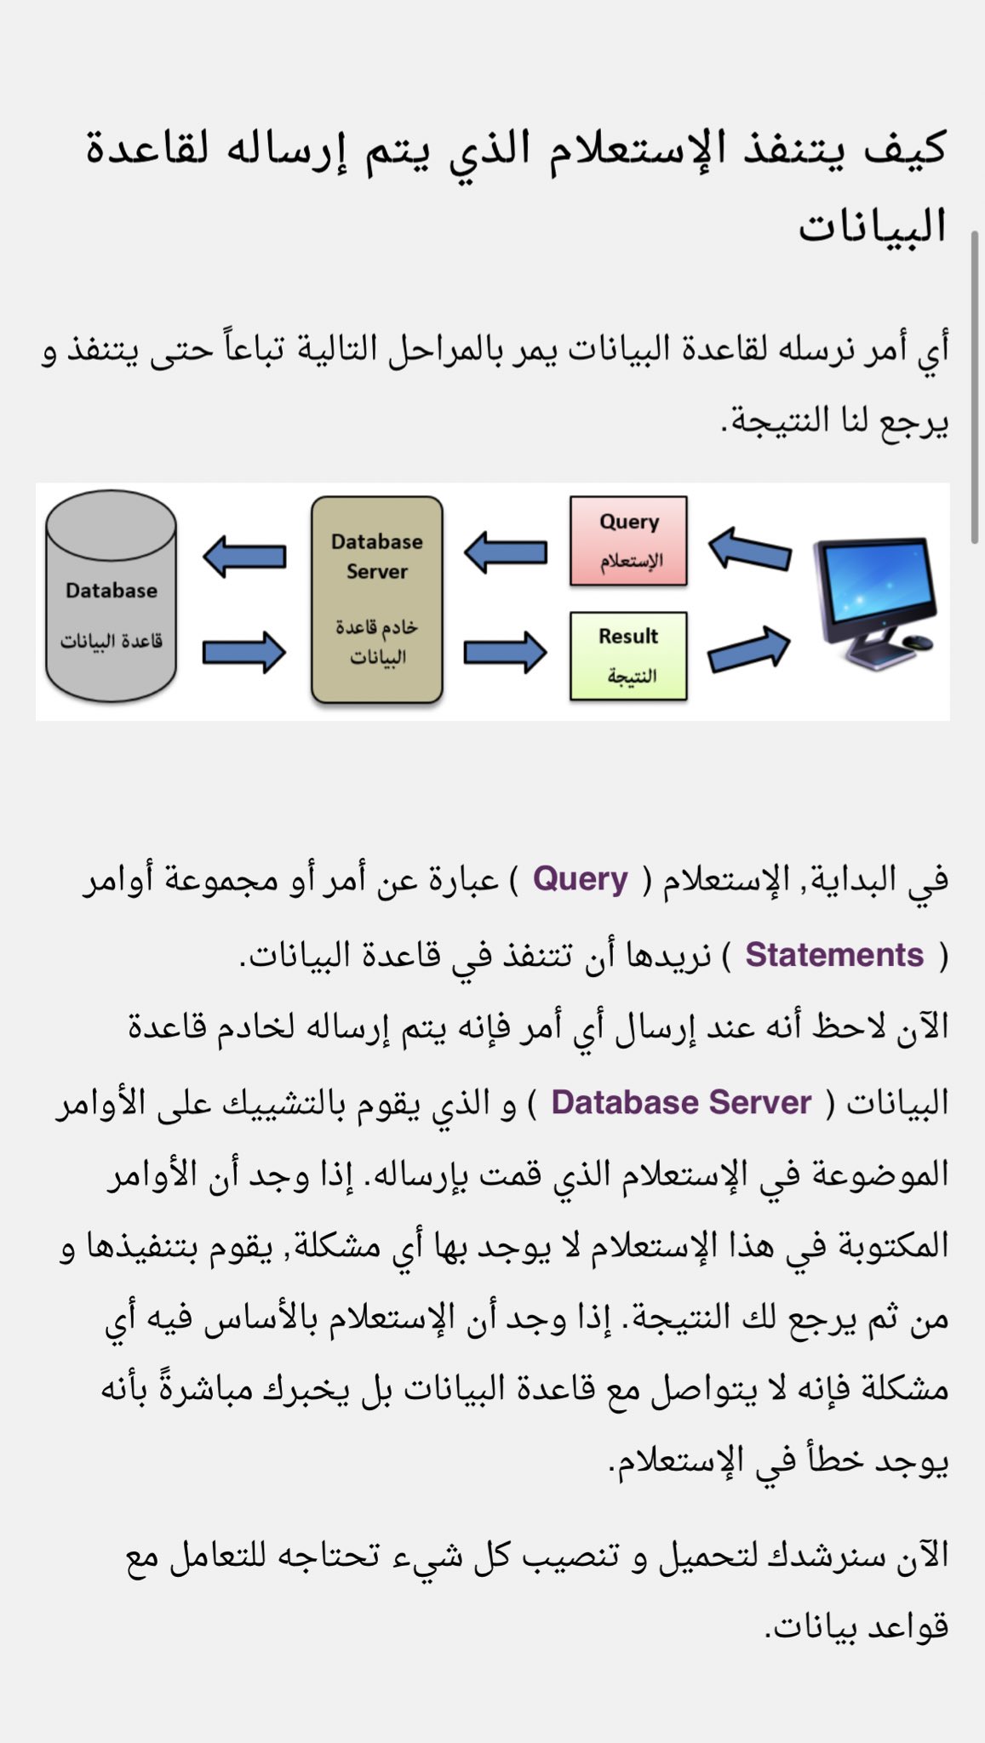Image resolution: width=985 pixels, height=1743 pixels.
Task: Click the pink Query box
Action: [x=628, y=540]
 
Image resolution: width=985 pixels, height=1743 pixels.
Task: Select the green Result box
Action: [x=628, y=655]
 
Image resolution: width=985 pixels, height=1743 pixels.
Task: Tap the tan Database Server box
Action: [x=377, y=600]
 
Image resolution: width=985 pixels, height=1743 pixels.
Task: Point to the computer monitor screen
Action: [x=873, y=583]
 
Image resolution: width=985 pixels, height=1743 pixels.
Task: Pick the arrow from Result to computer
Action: [x=749, y=649]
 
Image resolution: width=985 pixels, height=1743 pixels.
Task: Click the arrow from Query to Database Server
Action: [x=506, y=552]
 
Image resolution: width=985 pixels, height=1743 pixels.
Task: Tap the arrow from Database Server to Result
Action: [x=506, y=653]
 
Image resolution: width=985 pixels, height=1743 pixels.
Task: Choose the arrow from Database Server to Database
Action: [x=244, y=557]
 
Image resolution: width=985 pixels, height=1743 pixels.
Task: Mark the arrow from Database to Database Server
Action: [x=244, y=653]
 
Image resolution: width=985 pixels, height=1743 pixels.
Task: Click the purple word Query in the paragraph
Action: [x=580, y=878]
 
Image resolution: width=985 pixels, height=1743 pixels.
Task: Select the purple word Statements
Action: [x=834, y=955]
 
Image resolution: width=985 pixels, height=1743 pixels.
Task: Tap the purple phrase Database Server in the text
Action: [x=681, y=1102]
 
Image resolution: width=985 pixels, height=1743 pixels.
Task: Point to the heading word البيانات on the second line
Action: [x=873, y=226]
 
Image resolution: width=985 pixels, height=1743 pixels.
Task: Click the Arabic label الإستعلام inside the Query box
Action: [x=631, y=561]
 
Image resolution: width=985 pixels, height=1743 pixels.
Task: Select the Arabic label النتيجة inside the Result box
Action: [x=631, y=677]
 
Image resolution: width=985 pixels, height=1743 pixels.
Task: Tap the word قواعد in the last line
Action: [x=908, y=1626]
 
